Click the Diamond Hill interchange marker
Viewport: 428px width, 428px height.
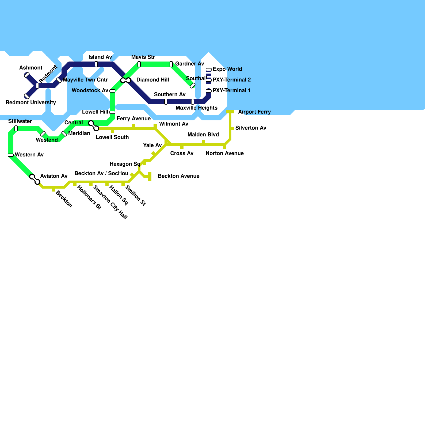tap(126, 80)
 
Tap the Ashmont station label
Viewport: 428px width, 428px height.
tap(31, 68)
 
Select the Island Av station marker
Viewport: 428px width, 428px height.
tap(96, 64)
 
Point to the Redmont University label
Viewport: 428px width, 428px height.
tap(31, 103)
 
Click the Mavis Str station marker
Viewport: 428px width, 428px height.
tap(139, 64)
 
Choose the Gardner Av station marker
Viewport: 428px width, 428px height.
tap(171, 64)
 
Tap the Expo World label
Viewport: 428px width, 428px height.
tap(227, 69)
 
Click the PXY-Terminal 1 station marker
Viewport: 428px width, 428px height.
tap(209, 91)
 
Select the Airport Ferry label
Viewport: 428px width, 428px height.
tap(254, 112)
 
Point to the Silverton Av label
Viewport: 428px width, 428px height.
tap(251, 128)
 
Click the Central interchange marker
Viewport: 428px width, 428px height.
tap(94, 126)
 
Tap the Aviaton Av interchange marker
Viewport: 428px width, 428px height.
tap(35, 179)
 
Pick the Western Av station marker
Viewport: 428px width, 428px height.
tap(11, 155)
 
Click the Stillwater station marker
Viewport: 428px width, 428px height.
tap(16, 128)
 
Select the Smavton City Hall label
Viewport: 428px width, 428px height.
tap(110, 202)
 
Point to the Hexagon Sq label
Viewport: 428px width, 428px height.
tap(125, 164)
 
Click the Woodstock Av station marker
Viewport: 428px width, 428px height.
tap(112, 91)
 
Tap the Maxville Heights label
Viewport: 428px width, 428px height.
tap(196, 108)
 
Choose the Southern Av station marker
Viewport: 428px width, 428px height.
tap(166, 102)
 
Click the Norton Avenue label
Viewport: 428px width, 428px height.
tap(224, 154)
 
